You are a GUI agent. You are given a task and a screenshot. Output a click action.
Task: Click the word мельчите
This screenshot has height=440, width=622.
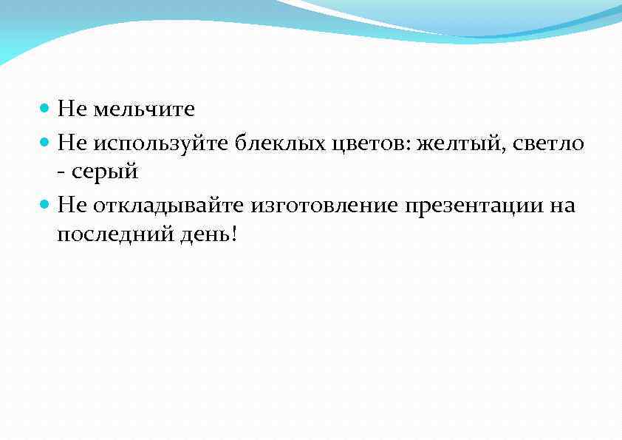[x=143, y=110]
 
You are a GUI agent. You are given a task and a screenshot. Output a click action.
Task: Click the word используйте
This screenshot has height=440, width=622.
[x=162, y=142]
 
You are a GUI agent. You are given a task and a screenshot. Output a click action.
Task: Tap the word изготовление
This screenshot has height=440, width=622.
[x=326, y=206]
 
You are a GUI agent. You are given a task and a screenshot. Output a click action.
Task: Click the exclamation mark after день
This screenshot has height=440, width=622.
[x=234, y=234]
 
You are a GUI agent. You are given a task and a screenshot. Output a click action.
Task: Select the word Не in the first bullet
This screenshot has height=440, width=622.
[x=72, y=110]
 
